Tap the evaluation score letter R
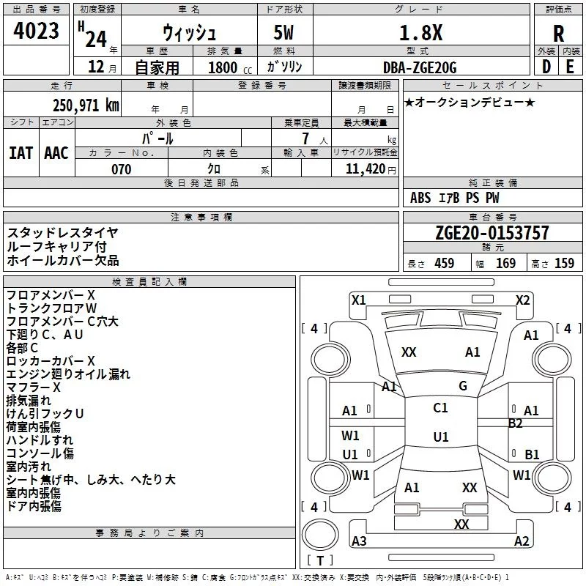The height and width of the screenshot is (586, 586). click(559, 34)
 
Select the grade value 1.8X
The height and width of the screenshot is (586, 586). click(420, 33)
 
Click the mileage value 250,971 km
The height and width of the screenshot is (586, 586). click(85, 105)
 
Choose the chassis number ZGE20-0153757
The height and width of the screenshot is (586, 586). click(492, 234)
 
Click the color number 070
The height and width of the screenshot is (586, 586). click(121, 169)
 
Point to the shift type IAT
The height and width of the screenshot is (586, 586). click(21, 152)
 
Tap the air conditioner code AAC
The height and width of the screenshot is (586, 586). click(56, 152)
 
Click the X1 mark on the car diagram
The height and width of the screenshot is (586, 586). click(359, 299)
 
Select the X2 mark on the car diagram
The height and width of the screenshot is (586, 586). click(522, 299)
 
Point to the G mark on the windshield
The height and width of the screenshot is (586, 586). click(463, 386)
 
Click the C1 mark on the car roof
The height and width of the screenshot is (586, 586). click(440, 408)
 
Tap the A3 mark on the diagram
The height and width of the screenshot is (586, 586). click(359, 541)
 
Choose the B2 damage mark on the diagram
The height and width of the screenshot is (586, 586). click(516, 423)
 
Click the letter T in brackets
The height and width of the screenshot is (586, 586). click(319, 561)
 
